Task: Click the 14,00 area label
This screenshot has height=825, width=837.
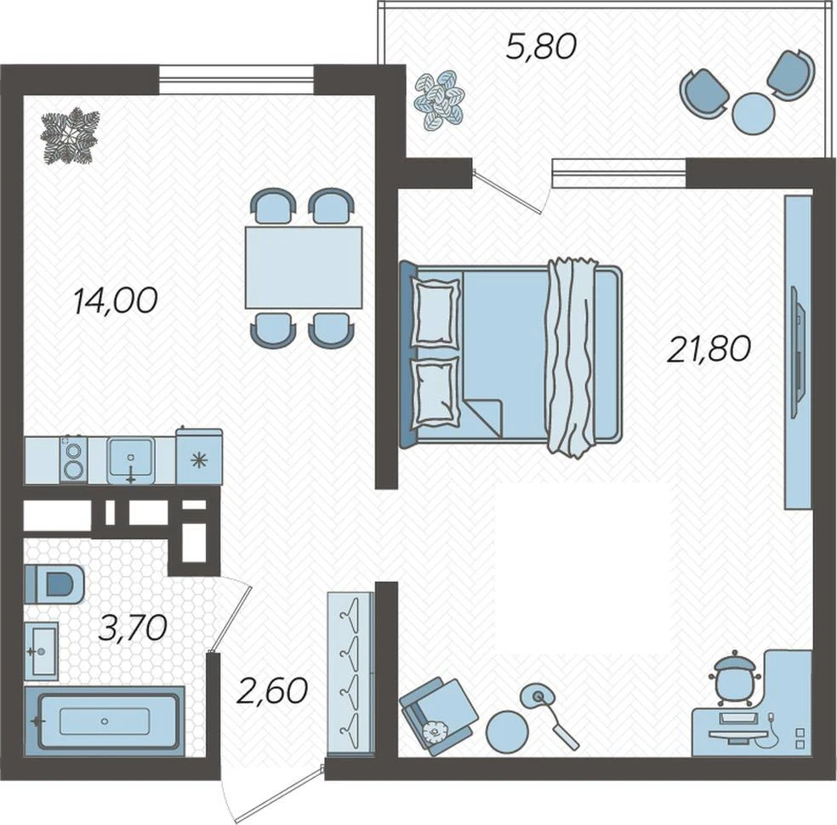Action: point(116,300)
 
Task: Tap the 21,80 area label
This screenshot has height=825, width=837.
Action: point(709,349)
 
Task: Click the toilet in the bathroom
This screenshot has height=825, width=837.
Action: point(54,583)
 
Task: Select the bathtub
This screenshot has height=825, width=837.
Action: point(105,720)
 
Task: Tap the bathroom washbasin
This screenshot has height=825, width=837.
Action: point(42,651)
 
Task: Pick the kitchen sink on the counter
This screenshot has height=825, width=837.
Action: point(131,460)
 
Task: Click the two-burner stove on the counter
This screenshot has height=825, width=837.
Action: point(74,459)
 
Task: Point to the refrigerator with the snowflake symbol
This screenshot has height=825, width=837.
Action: point(199,457)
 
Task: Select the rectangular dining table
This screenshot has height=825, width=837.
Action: point(304,267)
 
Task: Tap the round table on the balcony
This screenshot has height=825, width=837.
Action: point(753,112)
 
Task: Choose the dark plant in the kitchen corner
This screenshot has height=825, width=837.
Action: point(70,137)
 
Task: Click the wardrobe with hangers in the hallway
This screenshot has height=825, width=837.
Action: point(350,673)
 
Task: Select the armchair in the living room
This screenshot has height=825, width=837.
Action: point(439,716)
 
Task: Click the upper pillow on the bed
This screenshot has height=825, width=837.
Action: point(436,313)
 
